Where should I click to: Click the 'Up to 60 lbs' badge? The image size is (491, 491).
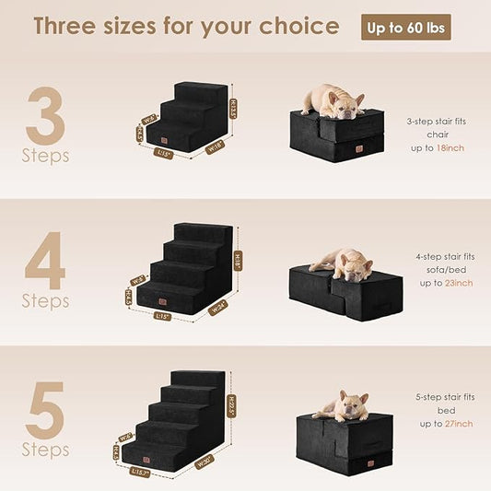[405, 27]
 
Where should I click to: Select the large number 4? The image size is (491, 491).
[45, 261]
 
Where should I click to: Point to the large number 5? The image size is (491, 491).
[46, 411]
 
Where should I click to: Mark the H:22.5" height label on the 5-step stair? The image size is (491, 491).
[233, 404]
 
